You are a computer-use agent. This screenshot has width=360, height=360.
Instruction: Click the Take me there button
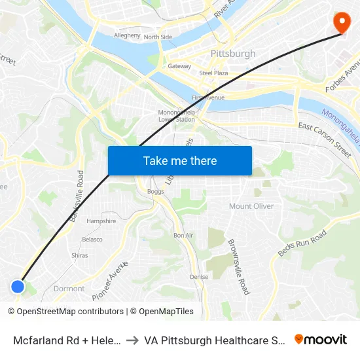click(179, 160)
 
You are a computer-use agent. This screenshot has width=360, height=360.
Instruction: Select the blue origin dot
click(18, 286)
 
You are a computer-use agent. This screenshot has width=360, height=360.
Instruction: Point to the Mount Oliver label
click(251, 206)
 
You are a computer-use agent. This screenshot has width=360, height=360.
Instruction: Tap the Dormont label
click(69, 288)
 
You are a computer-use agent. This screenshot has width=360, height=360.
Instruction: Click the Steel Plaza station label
click(213, 73)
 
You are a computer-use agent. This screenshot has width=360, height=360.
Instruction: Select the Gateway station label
click(179, 66)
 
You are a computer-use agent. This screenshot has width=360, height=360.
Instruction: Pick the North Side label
click(158, 37)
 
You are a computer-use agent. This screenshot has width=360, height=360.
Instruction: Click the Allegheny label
click(127, 35)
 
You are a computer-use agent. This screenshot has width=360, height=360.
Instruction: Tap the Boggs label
click(156, 192)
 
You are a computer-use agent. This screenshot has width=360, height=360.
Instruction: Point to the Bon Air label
click(183, 235)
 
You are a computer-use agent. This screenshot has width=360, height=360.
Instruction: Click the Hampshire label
click(101, 221)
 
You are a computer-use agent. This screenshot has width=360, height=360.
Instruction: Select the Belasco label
click(92, 240)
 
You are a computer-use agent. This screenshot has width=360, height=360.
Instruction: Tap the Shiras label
click(79, 255)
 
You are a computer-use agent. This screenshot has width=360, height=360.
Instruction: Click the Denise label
click(199, 277)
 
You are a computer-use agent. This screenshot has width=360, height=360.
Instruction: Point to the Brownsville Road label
click(238, 266)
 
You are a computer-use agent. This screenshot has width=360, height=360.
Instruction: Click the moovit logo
click(320, 339)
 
